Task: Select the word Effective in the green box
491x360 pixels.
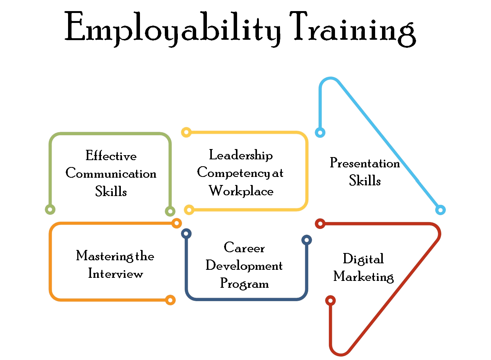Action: pos(111,157)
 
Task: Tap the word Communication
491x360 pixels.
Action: pos(111,174)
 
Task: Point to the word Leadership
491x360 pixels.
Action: pos(240,155)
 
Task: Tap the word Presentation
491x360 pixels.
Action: pos(364,164)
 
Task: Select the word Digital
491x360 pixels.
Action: pos(364,259)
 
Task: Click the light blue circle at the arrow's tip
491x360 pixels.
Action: pos(441,209)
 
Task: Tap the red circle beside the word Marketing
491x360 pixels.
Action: pos(330,300)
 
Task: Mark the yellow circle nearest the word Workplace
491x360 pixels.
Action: pos(188,209)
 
